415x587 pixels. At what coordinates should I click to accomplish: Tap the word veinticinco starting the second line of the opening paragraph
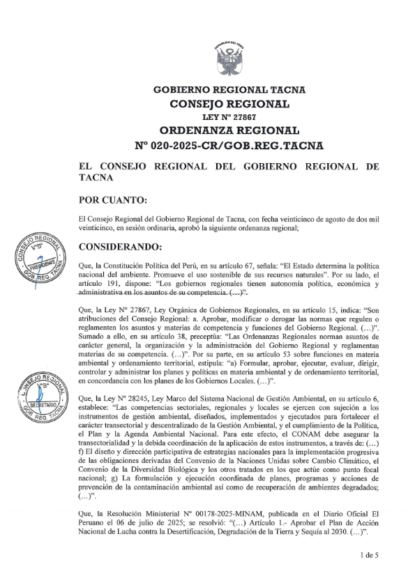click(98, 227)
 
